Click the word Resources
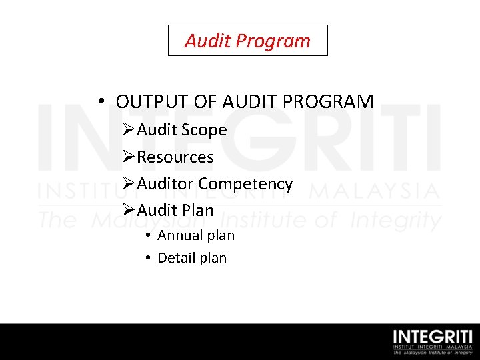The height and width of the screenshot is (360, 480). [x=175, y=157]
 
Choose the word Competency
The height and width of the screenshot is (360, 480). [x=245, y=184]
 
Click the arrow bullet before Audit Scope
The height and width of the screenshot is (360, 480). [x=129, y=130]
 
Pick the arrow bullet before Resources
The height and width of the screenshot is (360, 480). [x=129, y=157]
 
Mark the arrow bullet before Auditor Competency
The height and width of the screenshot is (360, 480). [x=129, y=184]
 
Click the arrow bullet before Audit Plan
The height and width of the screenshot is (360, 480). [x=129, y=211]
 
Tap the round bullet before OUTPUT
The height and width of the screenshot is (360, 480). [x=100, y=102]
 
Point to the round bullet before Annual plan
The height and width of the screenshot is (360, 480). [x=147, y=235]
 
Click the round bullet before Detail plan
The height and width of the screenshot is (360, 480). [x=147, y=258]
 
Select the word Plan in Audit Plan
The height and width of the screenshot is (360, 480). [x=197, y=211]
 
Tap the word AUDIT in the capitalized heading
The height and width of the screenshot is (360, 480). [x=251, y=102]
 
